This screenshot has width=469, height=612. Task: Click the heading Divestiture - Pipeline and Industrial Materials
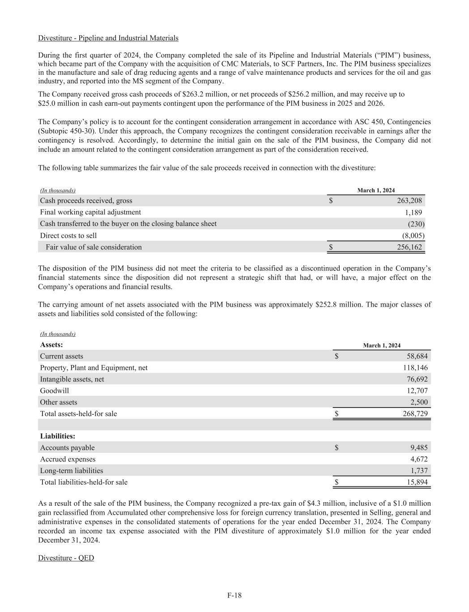point(108,38)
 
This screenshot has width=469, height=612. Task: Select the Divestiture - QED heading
point(66,558)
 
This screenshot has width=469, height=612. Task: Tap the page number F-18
point(234,595)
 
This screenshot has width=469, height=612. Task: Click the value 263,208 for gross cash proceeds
point(409,201)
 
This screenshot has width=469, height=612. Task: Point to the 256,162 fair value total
point(409,247)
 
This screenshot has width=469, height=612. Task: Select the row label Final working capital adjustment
point(90,212)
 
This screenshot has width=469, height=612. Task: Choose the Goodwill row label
point(55,391)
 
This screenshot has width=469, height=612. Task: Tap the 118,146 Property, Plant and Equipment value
point(415,368)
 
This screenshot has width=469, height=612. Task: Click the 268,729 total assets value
point(415,414)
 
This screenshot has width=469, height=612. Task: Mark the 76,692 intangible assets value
point(417,379)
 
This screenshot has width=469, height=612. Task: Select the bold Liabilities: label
point(58,436)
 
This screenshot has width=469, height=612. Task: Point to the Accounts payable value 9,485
point(419,447)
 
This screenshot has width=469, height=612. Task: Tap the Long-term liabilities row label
point(72,471)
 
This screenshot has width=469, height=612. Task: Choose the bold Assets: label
point(51,345)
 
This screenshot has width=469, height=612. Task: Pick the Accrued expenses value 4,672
point(419,459)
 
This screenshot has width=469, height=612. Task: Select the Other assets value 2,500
point(419,402)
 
